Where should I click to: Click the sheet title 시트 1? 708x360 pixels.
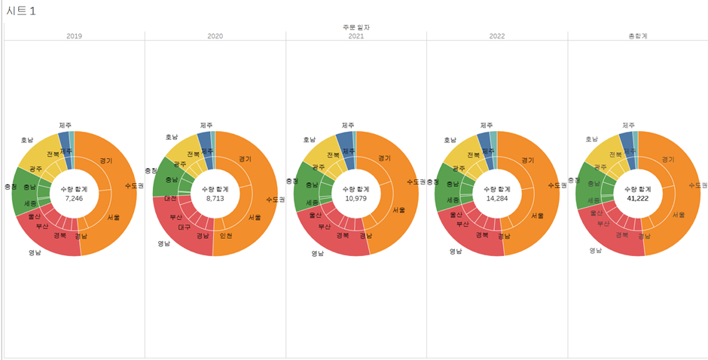point(21,11)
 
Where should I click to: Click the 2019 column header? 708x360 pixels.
point(75,35)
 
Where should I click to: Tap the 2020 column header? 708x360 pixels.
point(215,35)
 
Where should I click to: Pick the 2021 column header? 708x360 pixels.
point(356,35)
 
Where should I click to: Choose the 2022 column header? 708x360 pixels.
point(497,35)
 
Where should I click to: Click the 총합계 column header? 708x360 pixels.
point(638,35)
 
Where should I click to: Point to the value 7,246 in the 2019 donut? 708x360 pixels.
point(75,198)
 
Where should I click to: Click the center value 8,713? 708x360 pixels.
point(214,198)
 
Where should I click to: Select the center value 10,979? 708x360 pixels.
point(356,198)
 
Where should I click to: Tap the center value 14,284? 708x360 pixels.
point(496,198)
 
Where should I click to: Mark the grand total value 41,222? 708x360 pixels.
point(637,198)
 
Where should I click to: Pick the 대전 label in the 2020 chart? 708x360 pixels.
point(171,198)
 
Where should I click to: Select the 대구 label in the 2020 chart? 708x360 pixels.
point(184,227)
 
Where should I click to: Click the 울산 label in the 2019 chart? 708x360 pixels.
point(34,216)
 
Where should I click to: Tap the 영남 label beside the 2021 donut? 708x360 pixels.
point(317,254)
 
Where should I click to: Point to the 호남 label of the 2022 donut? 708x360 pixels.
point(450,139)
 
